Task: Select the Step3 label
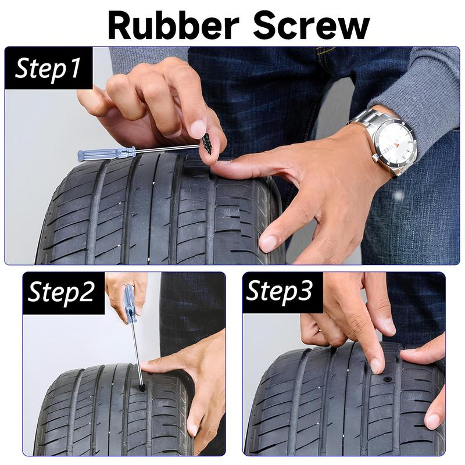pyautogui.click(x=280, y=292)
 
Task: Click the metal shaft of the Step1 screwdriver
pyautogui.click(x=166, y=149)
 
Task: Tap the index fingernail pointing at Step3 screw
pyautogui.click(x=376, y=365)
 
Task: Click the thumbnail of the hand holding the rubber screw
pyautogui.click(x=198, y=128)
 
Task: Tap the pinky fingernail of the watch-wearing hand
pyautogui.click(x=268, y=242)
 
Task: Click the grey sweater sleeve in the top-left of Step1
pyautogui.click(x=145, y=58)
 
